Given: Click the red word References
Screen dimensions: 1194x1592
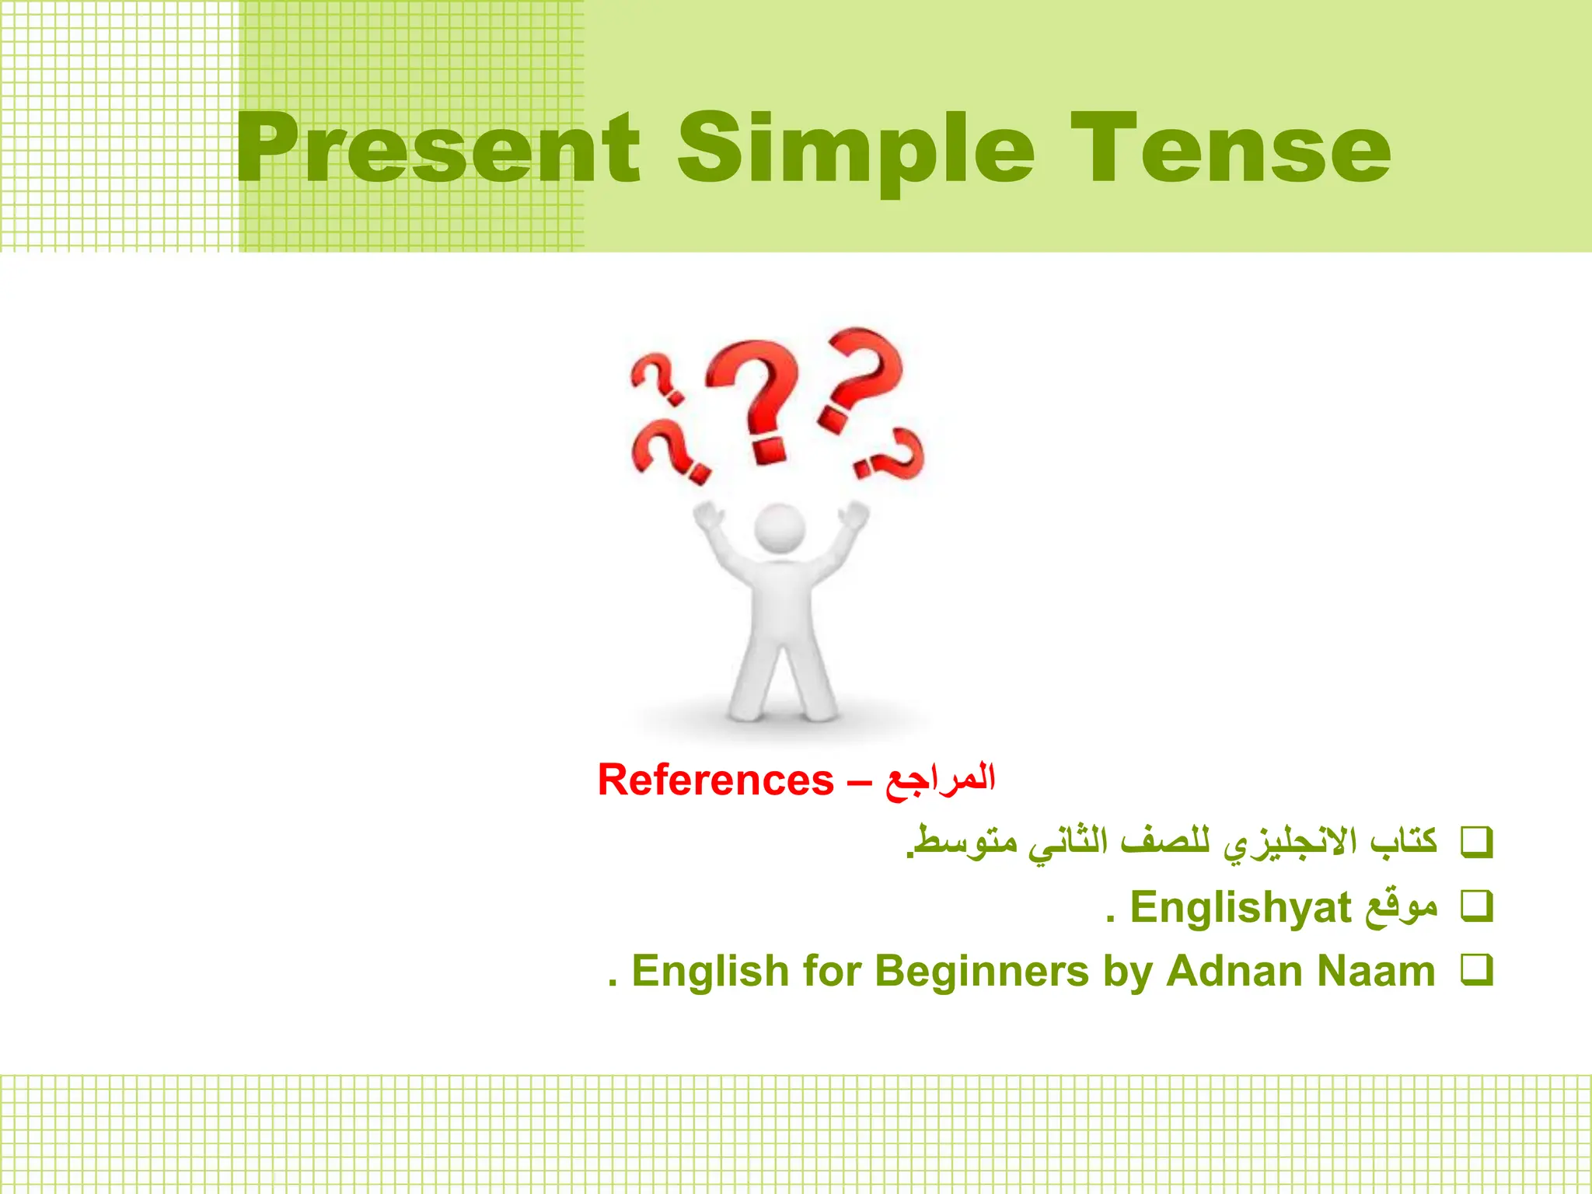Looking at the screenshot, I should tap(715, 780).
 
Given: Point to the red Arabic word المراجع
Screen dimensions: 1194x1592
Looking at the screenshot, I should tap(940, 780).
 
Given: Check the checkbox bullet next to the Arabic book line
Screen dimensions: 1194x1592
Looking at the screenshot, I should tap(1477, 843).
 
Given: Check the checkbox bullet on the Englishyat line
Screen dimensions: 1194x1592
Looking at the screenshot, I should tap(1477, 906).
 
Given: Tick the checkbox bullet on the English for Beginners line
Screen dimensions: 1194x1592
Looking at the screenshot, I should tap(1477, 970).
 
